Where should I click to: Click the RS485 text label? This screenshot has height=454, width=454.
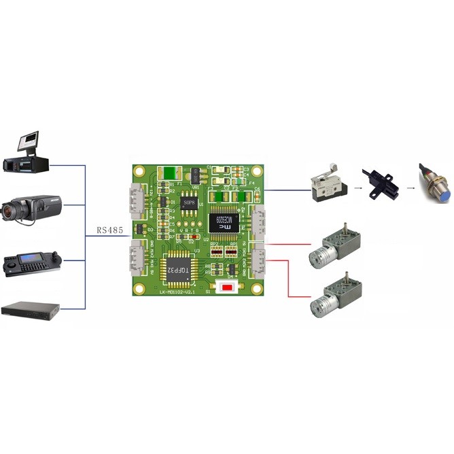coord(110,230)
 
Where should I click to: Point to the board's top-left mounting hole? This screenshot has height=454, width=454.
coord(140,171)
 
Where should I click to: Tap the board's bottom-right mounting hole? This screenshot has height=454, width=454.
coord(256,289)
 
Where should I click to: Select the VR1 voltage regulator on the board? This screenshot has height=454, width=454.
coord(195,176)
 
